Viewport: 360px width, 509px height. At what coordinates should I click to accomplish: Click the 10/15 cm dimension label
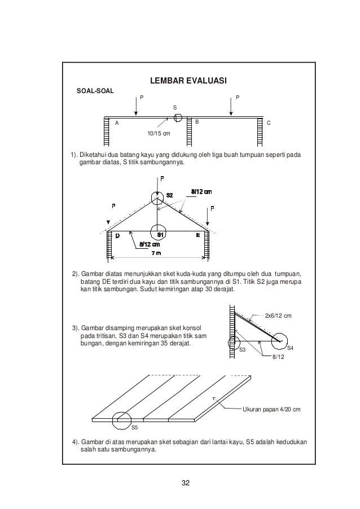pos(158,133)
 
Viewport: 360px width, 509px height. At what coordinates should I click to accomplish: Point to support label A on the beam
pos(117,122)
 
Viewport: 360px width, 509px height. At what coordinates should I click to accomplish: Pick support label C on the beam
pos(269,123)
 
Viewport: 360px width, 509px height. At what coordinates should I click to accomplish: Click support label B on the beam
pos(197,122)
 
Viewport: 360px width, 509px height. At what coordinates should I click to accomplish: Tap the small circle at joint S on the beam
pos(178,117)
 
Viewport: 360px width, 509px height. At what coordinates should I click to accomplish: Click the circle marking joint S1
pos(160,232)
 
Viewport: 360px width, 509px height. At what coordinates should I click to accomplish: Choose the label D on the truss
pos(117,235)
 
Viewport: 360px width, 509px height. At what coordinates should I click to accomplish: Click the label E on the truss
pos(199,235)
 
